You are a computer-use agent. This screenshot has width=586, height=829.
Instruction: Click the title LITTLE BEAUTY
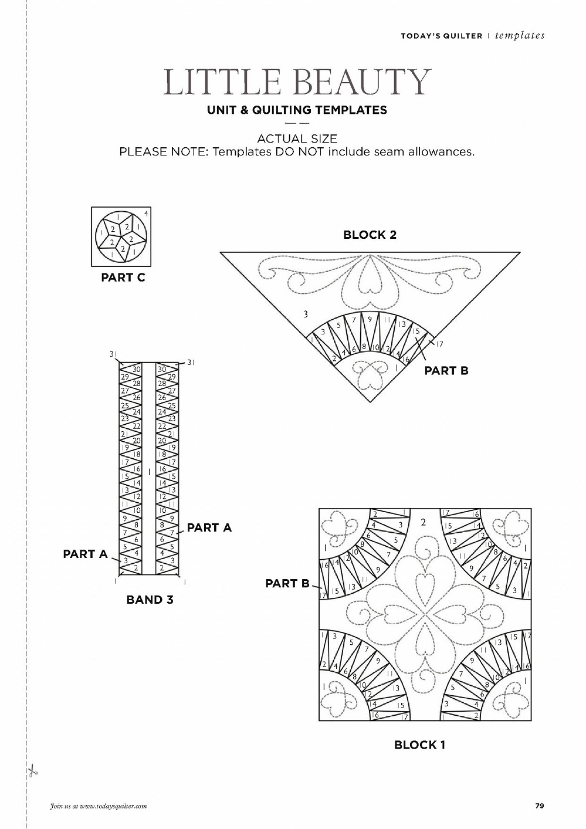(297, 82)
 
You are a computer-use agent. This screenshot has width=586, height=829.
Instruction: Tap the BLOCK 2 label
(370, 235)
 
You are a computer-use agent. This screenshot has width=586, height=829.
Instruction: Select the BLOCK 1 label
(419, 745)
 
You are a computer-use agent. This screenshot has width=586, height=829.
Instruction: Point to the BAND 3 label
(150, 600)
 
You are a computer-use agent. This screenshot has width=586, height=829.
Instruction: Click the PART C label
(123, 278)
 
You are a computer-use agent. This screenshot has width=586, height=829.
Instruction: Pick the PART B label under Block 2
(446, 370)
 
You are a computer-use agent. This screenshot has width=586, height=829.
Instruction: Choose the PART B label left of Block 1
(287, 583)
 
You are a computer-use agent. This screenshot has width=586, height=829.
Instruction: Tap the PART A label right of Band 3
(209, 527)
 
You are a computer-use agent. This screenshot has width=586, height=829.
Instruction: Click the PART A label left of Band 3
(85, 554)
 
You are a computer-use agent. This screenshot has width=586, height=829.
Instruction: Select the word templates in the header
(520, 36)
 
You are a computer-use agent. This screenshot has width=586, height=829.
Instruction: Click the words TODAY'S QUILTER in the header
(441, 36)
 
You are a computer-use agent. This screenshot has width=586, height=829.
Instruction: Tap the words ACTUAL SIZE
(297, 138)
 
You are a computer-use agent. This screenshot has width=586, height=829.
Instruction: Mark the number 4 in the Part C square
(146, 213)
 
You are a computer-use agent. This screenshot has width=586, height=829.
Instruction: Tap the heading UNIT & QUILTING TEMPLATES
(297, 110)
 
